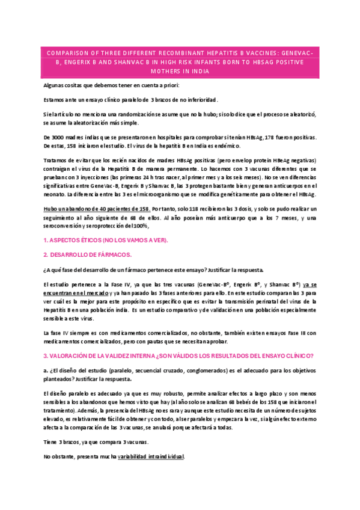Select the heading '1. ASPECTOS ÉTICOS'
(x=106, y=240)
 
